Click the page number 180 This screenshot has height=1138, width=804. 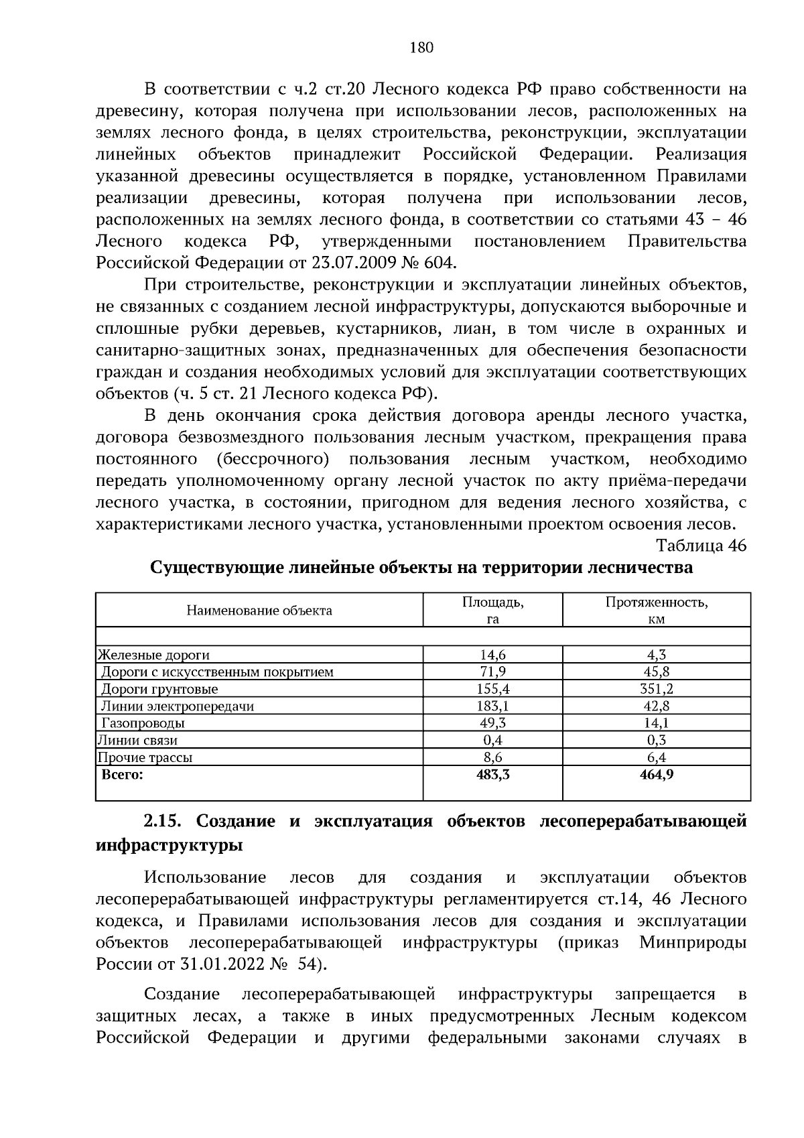click(421, 47)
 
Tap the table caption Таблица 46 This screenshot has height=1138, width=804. click(701, 545)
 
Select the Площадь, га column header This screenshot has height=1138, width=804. click(492, 611)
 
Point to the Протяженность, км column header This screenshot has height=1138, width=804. click(656, 611)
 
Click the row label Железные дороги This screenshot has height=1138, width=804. click(154, 655)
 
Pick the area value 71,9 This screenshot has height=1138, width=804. click(492, 672)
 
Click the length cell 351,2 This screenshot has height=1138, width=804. click(656, 689)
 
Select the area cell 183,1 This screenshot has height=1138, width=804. click(492, 706)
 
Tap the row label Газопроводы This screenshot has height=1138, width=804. click(143, 723)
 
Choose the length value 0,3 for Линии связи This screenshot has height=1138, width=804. click(656, 740)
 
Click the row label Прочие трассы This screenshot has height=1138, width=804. click(145, 757)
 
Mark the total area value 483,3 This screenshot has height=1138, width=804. click(492, 775)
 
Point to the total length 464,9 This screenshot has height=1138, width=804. click(656, 775)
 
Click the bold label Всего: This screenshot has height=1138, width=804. click(122, 775)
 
